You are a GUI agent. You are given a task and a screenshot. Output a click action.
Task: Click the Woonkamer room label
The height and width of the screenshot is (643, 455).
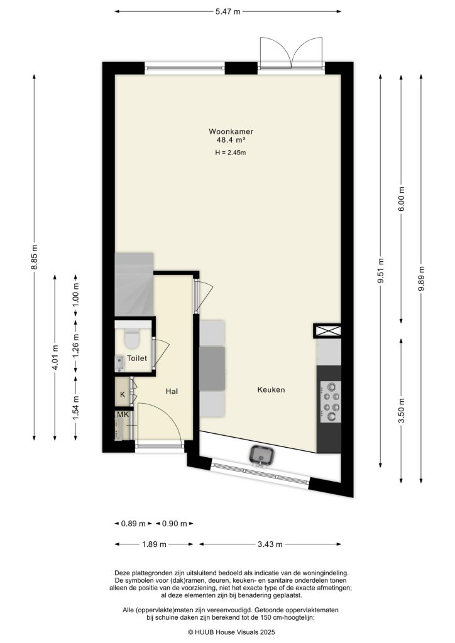pos(227,132)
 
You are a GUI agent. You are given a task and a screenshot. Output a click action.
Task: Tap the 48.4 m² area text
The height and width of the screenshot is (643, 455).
pos(227,141)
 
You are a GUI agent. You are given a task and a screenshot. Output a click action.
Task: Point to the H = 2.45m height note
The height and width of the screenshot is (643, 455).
pos(227,153)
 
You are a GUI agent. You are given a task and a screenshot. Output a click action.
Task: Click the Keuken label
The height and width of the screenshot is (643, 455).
pos(271,390)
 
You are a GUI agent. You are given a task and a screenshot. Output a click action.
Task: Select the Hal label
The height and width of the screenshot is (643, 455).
pos(172,391)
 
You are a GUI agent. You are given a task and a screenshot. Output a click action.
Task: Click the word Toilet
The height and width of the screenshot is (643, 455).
pos(137,359)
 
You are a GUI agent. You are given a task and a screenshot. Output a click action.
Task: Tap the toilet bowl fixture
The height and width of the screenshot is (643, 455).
pos(132,338)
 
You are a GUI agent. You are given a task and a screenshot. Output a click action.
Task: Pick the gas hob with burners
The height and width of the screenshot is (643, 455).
pos(331,401)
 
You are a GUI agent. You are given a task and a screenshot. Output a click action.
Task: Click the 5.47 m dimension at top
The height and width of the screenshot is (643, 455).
pos(228,12)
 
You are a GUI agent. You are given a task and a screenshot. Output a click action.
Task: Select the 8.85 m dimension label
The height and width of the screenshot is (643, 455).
pos(35,257)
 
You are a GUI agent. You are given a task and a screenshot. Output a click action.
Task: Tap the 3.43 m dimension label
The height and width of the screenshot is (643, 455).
pos(270,544)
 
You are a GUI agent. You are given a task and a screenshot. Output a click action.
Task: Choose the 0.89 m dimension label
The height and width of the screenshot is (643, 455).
pos(133,524)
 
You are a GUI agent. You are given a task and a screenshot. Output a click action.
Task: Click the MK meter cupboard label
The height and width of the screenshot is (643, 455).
pos(122,415)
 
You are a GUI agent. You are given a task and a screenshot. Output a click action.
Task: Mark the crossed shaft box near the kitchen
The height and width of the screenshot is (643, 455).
pos(327,331)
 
